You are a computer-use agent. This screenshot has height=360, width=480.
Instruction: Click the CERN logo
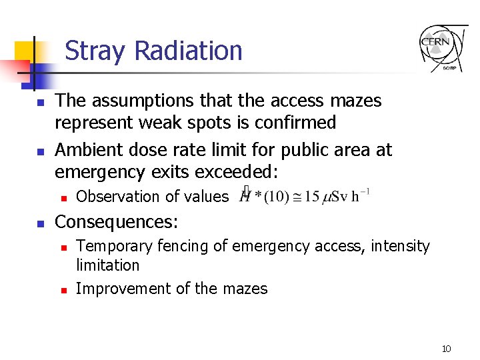coord(443,48)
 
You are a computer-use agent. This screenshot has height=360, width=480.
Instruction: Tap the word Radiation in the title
coord(188,51)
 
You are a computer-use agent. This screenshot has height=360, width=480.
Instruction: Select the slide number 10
coord(446,349)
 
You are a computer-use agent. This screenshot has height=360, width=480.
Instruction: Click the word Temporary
coord(115,247)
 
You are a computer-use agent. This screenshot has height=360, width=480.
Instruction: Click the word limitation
coord(107,265)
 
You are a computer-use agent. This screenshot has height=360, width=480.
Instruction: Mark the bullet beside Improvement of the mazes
coord(62,290)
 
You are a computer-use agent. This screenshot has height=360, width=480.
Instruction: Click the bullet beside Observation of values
coord(62,197)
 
